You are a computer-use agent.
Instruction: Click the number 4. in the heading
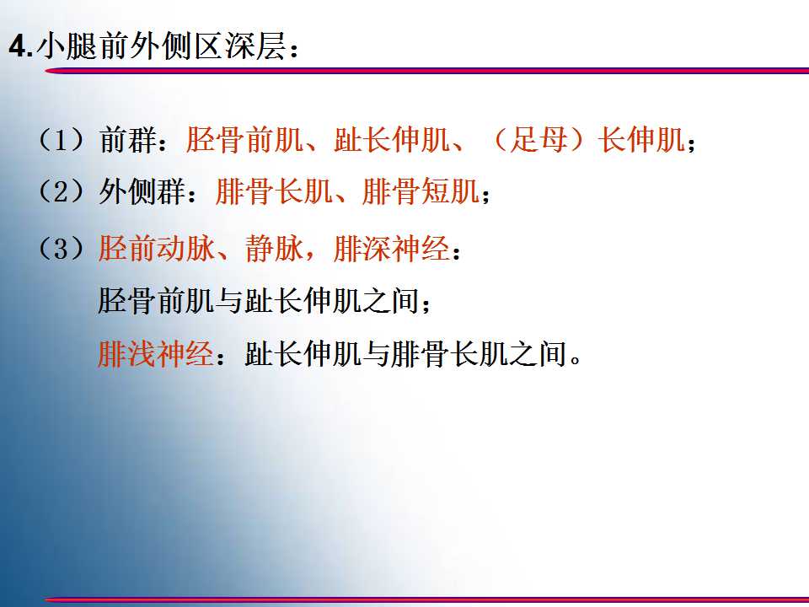[21, 47]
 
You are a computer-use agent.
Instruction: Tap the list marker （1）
[62, 140]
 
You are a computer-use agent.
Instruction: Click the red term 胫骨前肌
[244, 140]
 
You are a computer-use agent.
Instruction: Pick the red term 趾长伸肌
[391, 140]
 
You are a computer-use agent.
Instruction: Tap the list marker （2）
[62, 191]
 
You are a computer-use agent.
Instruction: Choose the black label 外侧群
[142, 191]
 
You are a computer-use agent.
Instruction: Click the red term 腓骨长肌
[273, 191]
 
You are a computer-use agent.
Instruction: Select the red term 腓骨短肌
[421, 191]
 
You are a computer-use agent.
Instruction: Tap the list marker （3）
[62, 248]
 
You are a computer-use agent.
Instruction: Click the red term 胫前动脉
[157, 248]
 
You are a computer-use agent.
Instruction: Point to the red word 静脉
[275, 248]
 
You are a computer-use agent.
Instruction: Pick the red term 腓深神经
[392, 248]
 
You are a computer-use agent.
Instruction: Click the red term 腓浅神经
[156, 354]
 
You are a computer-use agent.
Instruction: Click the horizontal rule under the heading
[427, 71]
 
